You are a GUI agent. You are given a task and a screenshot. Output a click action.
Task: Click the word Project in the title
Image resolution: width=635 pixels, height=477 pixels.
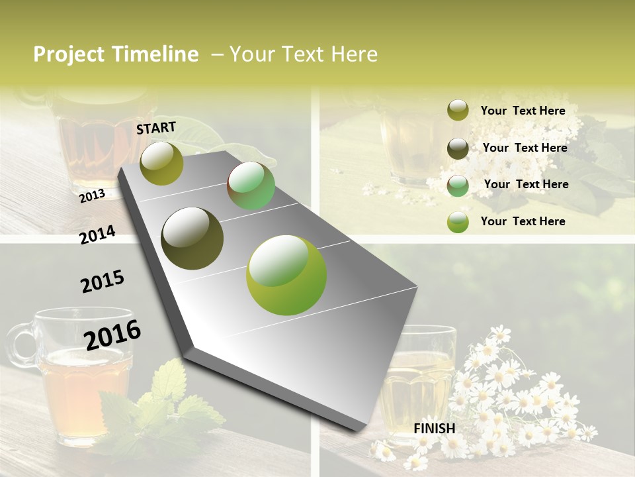pos(68,54)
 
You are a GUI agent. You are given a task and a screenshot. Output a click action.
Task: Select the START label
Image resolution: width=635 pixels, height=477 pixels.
pos(156,128)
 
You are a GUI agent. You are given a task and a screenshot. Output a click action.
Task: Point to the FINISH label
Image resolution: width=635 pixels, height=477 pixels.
pos(435,429)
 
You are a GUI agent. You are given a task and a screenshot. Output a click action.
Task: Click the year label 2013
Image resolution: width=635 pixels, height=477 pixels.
pos(93,196)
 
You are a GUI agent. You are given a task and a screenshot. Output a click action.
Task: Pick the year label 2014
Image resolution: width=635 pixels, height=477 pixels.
pos(98,235)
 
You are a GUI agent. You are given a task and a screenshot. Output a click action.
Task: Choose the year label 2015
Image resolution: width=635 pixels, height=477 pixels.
pos(103,282)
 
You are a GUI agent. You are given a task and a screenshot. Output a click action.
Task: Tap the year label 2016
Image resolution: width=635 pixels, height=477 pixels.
pos(113,335)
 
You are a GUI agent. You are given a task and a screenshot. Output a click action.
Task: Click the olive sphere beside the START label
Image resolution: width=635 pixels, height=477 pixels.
pos(161,163)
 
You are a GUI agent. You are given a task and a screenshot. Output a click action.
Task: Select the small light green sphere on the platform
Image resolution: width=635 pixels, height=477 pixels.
pos(251,185)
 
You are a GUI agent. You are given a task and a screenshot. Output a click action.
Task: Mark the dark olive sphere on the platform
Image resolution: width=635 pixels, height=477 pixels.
pos(192,238)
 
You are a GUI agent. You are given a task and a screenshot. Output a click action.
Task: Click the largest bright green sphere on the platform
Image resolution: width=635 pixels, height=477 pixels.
pos(286,275)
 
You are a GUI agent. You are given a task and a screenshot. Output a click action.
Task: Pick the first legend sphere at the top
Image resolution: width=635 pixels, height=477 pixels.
pos(458,110)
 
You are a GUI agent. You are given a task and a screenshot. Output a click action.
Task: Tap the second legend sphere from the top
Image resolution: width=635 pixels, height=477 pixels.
pos(458,148)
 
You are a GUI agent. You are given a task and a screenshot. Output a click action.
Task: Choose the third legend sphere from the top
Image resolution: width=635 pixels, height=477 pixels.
pos(458,185)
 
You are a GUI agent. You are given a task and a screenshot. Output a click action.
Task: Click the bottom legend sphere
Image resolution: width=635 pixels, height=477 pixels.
pos(458,222)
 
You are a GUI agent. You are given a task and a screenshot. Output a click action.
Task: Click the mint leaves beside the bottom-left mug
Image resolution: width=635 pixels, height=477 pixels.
pos(165,397)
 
